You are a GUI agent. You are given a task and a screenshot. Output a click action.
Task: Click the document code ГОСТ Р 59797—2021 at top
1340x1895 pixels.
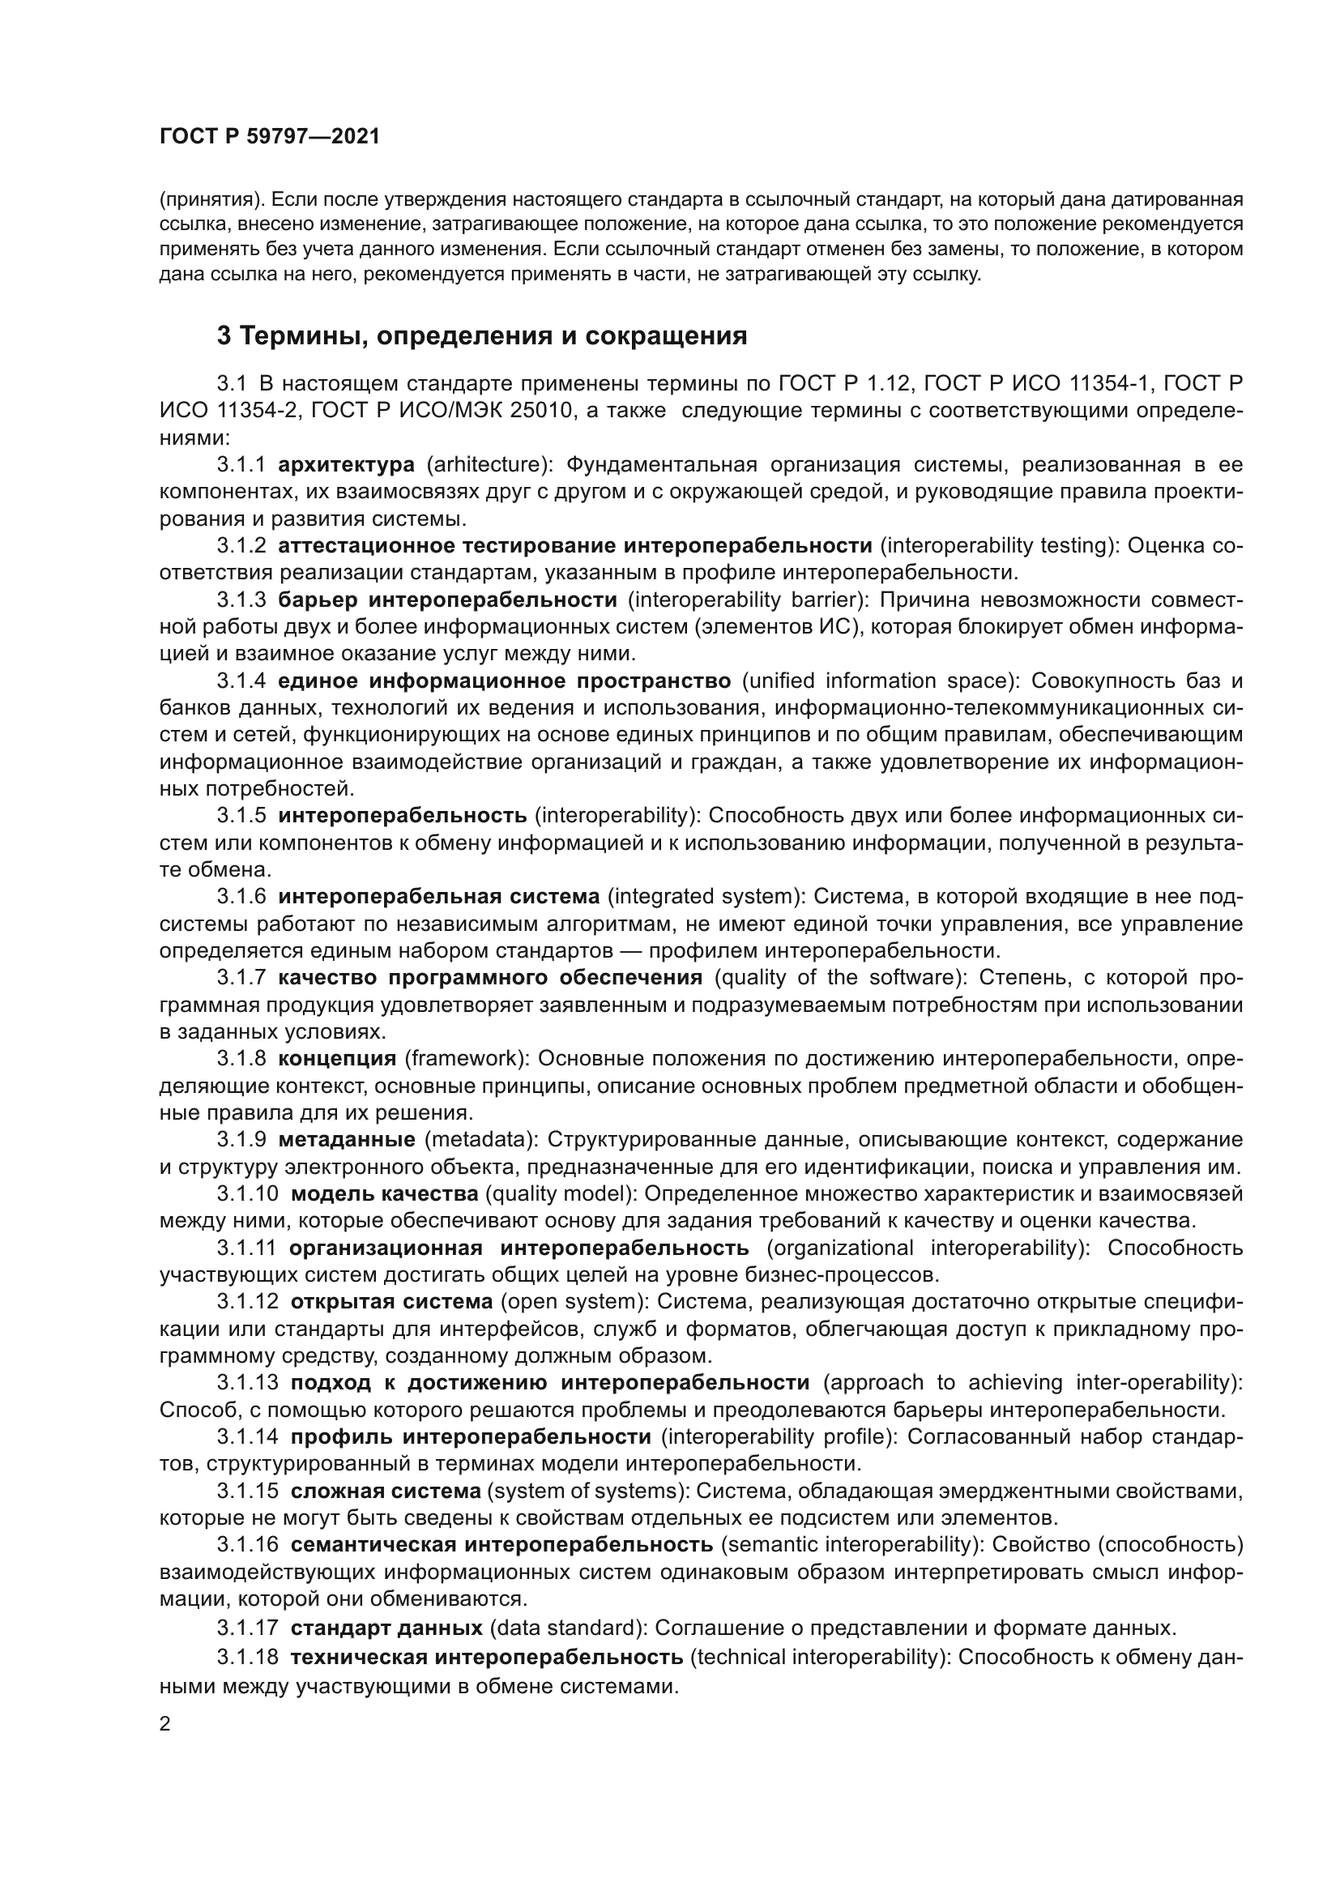pyautogui.click(x=270, y=137)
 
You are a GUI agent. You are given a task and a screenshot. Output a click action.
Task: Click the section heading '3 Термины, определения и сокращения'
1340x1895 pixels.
pyautogui.click(x=482, y=336)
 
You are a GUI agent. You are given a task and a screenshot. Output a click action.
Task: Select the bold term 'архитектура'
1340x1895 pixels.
pyautogui.click(x=347, y=465)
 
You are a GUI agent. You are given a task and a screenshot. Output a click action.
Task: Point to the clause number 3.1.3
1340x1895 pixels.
pyautogui.click(x=241, y=600)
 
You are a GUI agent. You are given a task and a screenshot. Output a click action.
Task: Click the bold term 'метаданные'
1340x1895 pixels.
pyautogui.click(x=347, y=1140)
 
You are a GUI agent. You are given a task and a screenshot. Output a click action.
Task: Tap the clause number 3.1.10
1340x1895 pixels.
pyautogui.click(x=248, y=1194)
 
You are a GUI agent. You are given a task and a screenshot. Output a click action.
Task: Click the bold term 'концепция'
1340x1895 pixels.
pyautogui.click(x=338, y=1059)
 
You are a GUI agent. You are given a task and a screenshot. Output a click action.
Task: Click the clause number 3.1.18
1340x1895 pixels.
pyautogui.click(x=248, y=1657)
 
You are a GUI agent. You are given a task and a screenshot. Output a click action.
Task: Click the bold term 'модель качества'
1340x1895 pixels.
pyautogui.click(x=385, y=1194)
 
